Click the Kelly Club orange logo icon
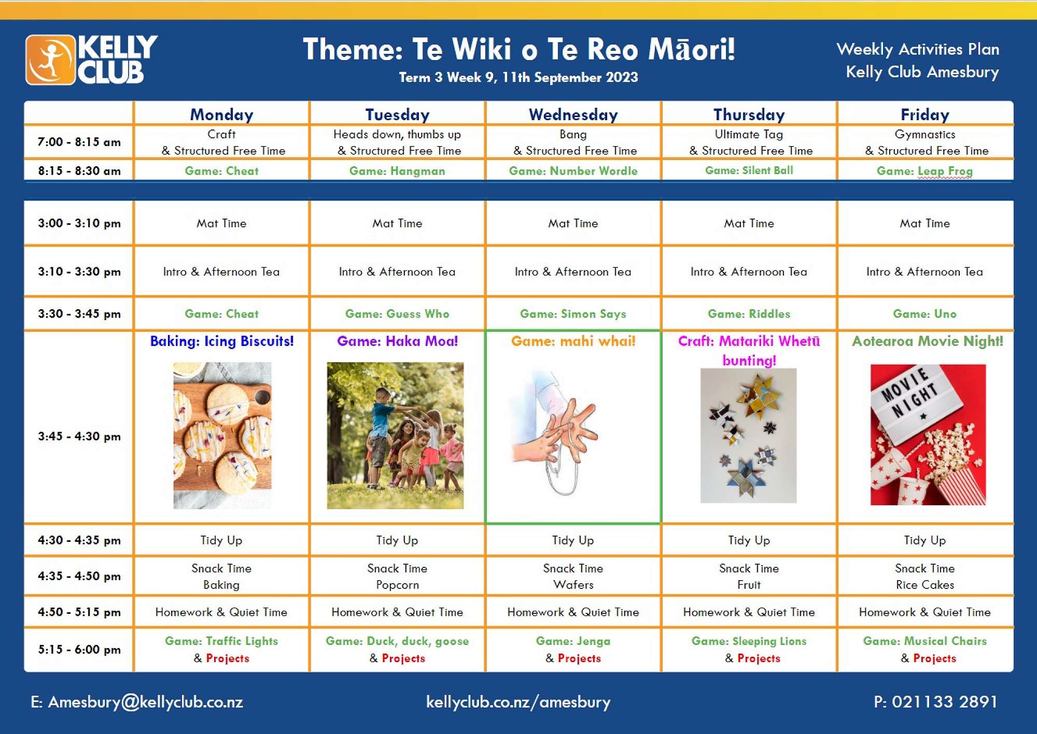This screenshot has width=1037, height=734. (x=51, y=60)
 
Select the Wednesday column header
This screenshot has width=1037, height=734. (x=573, y=114)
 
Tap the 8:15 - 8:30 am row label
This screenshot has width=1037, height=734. (x=79, y=171)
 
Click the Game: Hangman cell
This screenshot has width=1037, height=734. (x=397, y=171)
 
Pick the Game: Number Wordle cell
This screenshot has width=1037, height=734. (x=573, y=171)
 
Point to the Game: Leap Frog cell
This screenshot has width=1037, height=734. (x=924, y=171)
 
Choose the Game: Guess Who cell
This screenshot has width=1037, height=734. (x=397, y=314)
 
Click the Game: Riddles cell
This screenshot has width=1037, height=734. (x=749, y=314)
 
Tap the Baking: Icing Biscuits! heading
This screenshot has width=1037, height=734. (x=222, y=341)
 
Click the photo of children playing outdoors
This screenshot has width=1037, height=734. (x=395, y=436)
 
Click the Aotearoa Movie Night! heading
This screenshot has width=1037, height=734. (x=928, y=341)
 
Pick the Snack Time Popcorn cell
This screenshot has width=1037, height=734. (x=397, y=577)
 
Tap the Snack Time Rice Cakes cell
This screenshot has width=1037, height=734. (x=924, y=577)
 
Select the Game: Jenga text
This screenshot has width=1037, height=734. (x=573, y=641)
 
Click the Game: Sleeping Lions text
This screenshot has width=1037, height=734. (x=749, y=641)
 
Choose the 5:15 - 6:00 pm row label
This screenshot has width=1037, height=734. (x=79, y=650)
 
